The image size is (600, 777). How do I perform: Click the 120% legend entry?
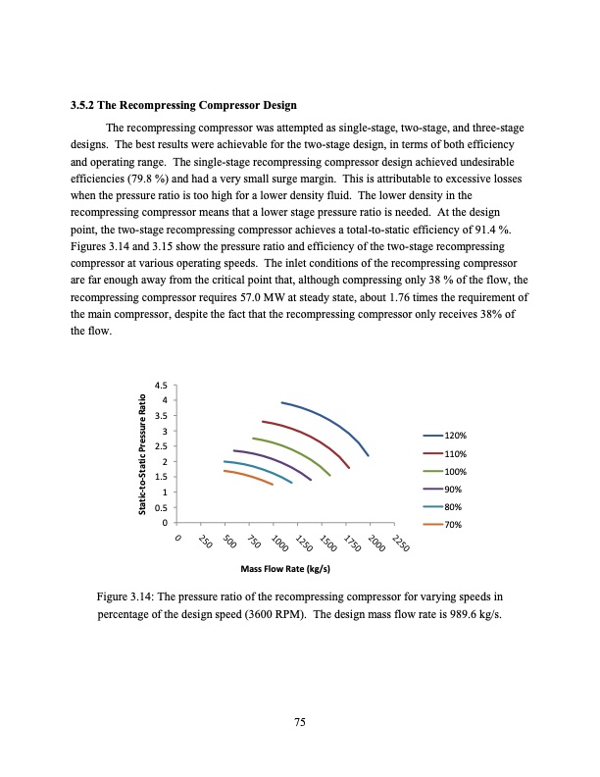coord(446,436)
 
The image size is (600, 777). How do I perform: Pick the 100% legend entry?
coord(446,472)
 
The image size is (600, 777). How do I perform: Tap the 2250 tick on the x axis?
coord(401,545)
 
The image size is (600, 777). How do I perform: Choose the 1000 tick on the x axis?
coord(277,545)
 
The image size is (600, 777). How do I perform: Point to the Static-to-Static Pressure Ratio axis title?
coord(143,452)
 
